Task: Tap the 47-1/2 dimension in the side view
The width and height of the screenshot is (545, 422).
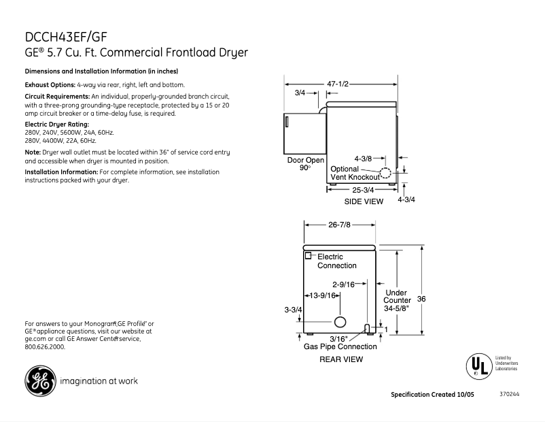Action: [337, 84]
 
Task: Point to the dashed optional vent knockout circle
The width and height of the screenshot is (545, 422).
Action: [385, 172]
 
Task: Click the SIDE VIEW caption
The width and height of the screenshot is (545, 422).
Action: [364, 201]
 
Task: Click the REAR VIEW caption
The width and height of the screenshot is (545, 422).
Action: [341, 359]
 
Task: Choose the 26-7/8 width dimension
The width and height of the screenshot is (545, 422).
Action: [340, 225]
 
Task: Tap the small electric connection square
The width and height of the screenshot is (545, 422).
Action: [308, 255]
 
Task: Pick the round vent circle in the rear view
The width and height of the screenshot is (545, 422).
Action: [340, 321]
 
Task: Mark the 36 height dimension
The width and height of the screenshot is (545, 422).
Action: [421, 299]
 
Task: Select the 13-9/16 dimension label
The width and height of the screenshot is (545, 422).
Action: [323, 295]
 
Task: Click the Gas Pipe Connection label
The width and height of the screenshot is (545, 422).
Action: [340, 346]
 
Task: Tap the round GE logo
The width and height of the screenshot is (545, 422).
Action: [40, 381]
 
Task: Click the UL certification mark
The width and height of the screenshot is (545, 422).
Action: [478, 365]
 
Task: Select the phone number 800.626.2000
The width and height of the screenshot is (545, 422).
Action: [45, 346]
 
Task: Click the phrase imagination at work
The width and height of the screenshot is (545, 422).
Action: [99, 381]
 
